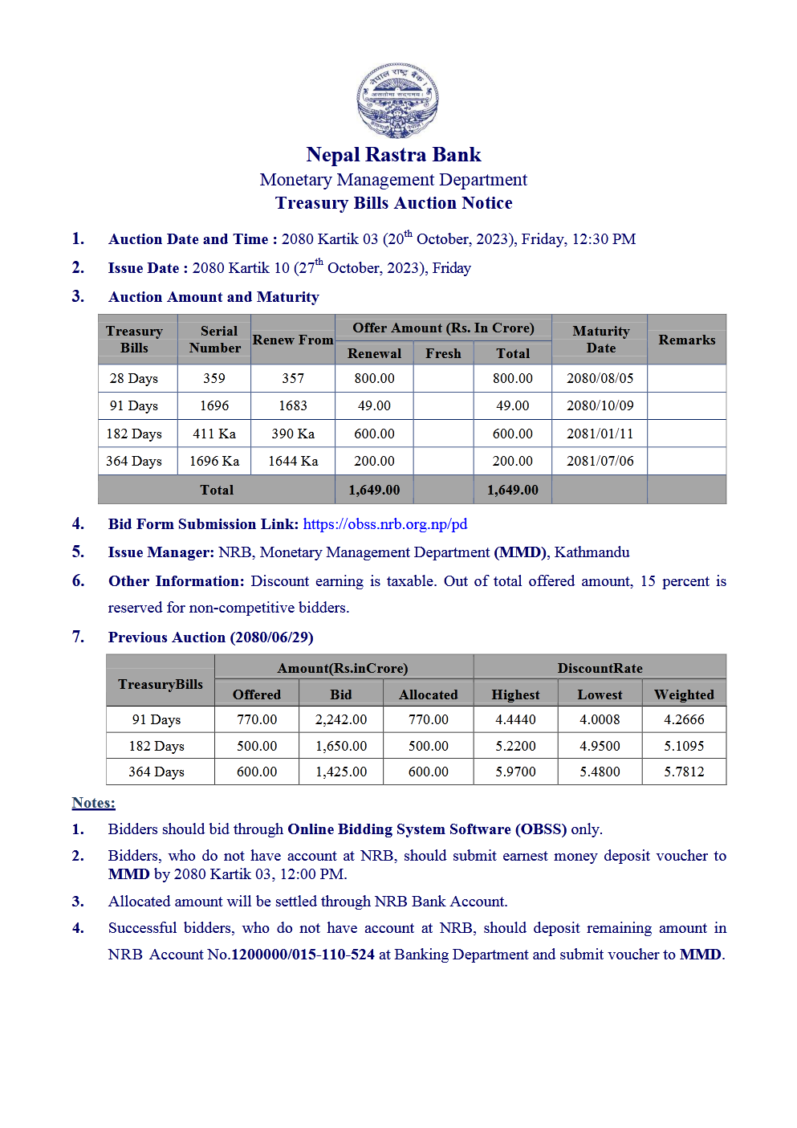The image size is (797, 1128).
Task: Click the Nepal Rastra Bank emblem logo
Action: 397,100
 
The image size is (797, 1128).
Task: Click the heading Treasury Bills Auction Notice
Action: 393,203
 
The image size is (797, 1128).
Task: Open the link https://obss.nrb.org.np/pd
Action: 384,524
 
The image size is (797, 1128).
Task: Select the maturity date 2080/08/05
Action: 600,378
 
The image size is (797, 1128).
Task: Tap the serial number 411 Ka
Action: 214,434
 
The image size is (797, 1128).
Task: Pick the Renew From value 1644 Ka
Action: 293,461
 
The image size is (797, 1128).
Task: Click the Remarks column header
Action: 686,340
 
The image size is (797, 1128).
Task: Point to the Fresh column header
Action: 443,353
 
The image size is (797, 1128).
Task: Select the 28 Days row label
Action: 134,378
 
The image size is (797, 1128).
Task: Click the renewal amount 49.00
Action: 374,405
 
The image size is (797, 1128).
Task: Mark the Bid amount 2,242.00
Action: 341,719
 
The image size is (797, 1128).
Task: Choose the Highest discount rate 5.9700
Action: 515,772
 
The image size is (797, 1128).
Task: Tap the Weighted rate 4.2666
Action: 684,719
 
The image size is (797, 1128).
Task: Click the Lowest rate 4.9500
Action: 600,746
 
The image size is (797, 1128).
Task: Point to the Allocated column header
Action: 429,694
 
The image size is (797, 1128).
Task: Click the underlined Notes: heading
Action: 93,803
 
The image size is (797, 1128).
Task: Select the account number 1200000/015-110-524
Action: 303,955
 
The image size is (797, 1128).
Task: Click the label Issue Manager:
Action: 161,552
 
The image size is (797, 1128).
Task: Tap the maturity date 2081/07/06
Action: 600,461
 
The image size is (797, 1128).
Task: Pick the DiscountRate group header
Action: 600,668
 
